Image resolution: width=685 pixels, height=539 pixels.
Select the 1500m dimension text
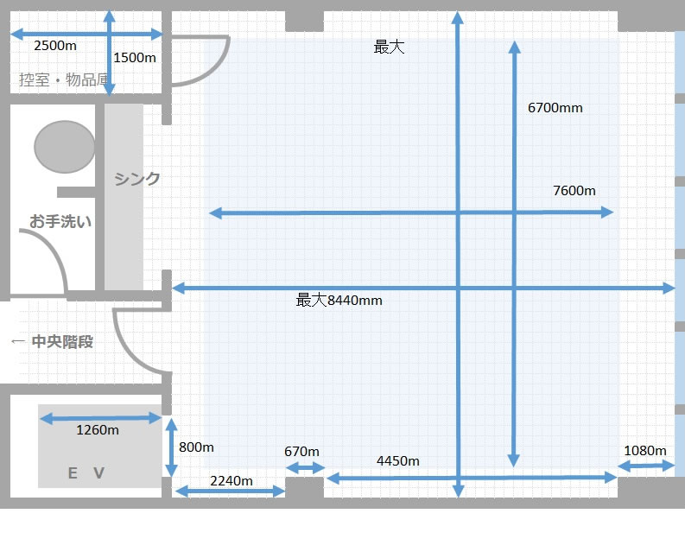click(135, 58)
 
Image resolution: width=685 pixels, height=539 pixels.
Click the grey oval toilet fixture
click(65, 146)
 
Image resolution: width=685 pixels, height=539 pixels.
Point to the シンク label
click(137, 179)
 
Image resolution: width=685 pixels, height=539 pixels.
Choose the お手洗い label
click(60, 222)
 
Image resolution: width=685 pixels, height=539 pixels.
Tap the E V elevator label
click(86, 472)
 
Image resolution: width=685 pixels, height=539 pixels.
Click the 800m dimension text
click(196, 447)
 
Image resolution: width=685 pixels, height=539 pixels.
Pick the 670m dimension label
click(301, 452)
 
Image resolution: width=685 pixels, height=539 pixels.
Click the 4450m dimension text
click(398, 461)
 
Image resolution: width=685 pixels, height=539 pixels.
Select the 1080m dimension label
click(644, 451)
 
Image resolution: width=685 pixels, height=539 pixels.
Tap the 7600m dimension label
click(574, 190)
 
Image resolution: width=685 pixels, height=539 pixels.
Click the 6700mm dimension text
click(555, 108)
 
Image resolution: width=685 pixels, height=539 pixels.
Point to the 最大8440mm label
click(339, 301)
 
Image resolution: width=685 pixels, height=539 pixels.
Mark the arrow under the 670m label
click(305, 468)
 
